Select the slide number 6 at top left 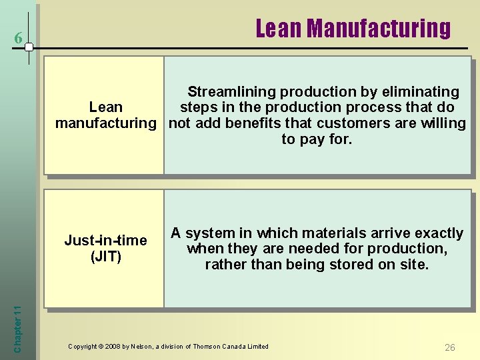(x=18, y=40)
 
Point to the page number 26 (x=450, y=347)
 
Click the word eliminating (x=419, y=92)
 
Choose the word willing (x=443, y=123)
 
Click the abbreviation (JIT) (x=105, y=257)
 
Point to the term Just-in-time (x=105, y=241)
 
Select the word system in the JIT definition (x=210, y=233)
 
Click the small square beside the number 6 (x=29, y=46)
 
